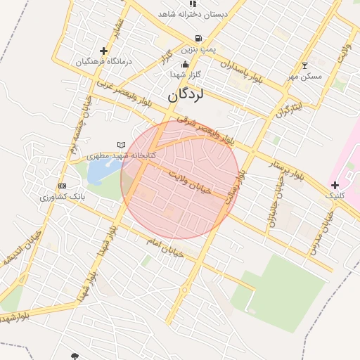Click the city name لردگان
(186, 94)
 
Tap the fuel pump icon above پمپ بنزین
(199, 39)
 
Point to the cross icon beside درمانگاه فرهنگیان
(104, 51)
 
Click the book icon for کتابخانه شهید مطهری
(121, 145)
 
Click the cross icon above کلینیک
(335, 185)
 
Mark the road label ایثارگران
(289, 108)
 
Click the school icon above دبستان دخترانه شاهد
(192, 3)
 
